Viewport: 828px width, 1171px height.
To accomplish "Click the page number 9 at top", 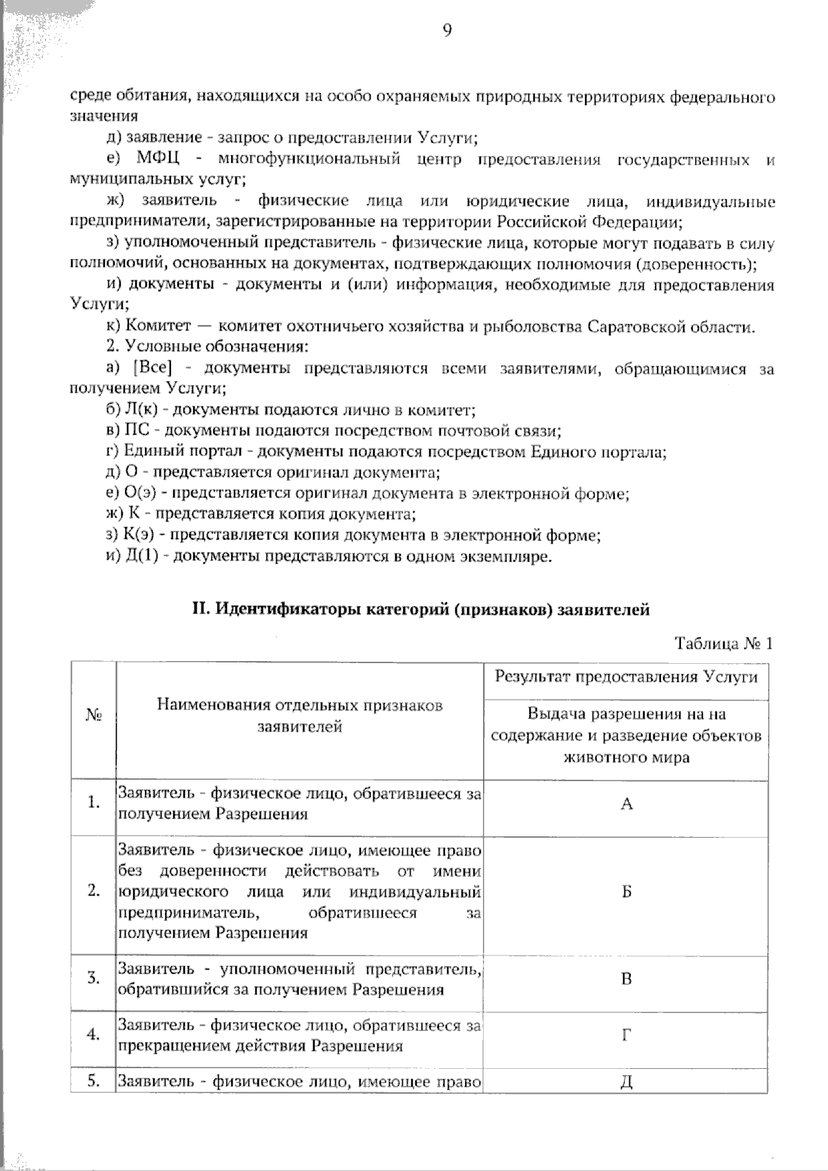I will (x=446, y=30).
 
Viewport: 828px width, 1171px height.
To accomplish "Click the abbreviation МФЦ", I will (x=158, y=159).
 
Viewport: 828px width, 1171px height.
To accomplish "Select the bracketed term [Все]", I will (x=152, y=368).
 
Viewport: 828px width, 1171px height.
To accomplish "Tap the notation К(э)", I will (x=142, y=535).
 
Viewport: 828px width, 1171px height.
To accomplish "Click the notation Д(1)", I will (x=142, y=556).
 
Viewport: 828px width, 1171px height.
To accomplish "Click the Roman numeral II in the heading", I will (x=199, y=609).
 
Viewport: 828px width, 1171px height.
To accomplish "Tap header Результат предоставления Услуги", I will (x=626, y=676).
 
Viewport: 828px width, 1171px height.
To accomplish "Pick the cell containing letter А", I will (x=626, y=804).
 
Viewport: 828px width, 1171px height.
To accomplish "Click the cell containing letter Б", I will (x=626, y=892).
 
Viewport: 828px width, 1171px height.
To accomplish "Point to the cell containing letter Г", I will (x=626, y=1035).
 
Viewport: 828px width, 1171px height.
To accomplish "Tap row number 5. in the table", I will (x=94, y=1081).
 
